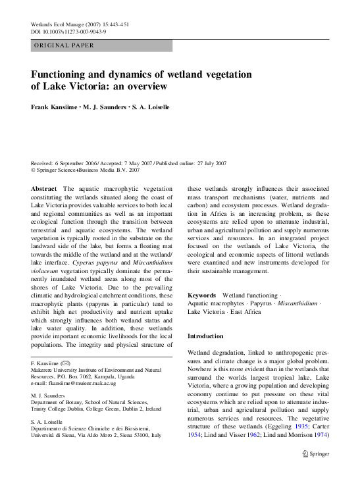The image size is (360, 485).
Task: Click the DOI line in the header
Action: click(x=70, y=32)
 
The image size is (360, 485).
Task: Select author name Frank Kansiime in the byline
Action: click(x=54, y=107)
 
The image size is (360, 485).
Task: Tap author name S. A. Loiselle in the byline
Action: click(x=153, y=107)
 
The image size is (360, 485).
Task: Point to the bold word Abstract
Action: click(x=44, y=188)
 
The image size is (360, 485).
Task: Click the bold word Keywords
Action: click(x=202, y=295)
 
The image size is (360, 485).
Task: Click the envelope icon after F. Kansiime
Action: click(x=66, y=363)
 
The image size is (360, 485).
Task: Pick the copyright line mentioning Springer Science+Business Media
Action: click(x=86, y=169)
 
